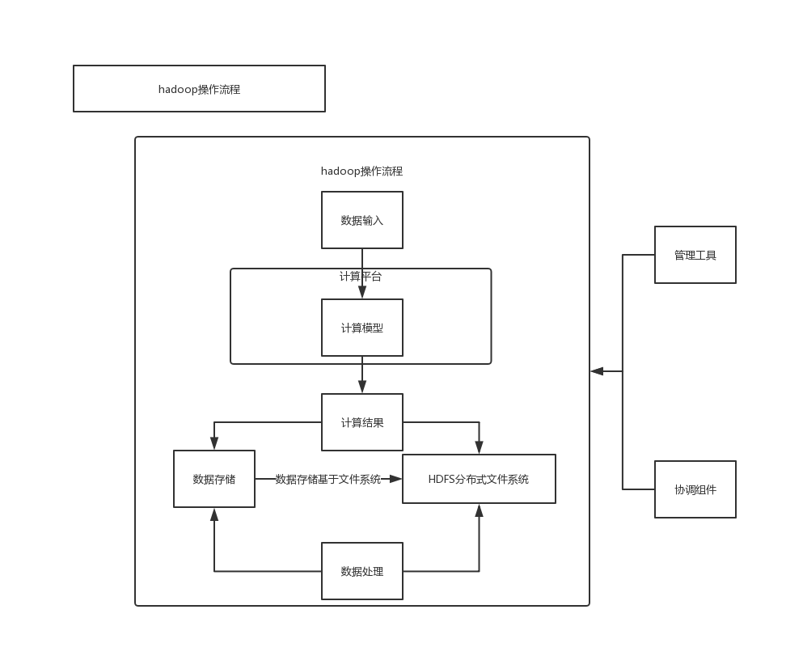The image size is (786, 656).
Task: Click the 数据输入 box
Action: [x=361, y=220]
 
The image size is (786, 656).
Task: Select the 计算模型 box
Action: [x=361, y=328]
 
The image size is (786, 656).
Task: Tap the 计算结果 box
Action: [x=361, y=422]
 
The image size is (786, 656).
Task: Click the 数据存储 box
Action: [x=213, y=479]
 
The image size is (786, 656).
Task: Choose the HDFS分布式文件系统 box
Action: [x=479, y=479]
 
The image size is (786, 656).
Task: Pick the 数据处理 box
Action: [x=361, y=571]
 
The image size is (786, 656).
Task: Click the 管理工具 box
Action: [x=695, y=255]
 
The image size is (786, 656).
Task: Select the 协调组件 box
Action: [x=695, y=489]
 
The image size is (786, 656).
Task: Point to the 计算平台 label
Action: [x=361, y=277]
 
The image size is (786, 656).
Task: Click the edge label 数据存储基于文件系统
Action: [x=327, y=479]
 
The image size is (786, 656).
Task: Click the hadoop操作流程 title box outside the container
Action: [x=199, y=89]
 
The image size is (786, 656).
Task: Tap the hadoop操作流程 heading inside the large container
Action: [x=361, y=171]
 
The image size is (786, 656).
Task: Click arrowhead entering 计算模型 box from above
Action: [x=362, y=294]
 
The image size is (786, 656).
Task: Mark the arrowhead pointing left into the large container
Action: [x=597, y=371]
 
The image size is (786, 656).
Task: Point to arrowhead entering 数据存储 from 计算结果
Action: [x=214, y=444]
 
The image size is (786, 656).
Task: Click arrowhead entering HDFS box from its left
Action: [x=396, y=479]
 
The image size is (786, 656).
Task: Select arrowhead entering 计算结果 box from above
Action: [x=362, y=388]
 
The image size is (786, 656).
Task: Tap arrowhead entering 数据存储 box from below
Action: [x=214, y=514]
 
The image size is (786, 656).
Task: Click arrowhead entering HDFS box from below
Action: [x=479, y=510]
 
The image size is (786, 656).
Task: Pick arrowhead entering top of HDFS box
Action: [x=479, y=448]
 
